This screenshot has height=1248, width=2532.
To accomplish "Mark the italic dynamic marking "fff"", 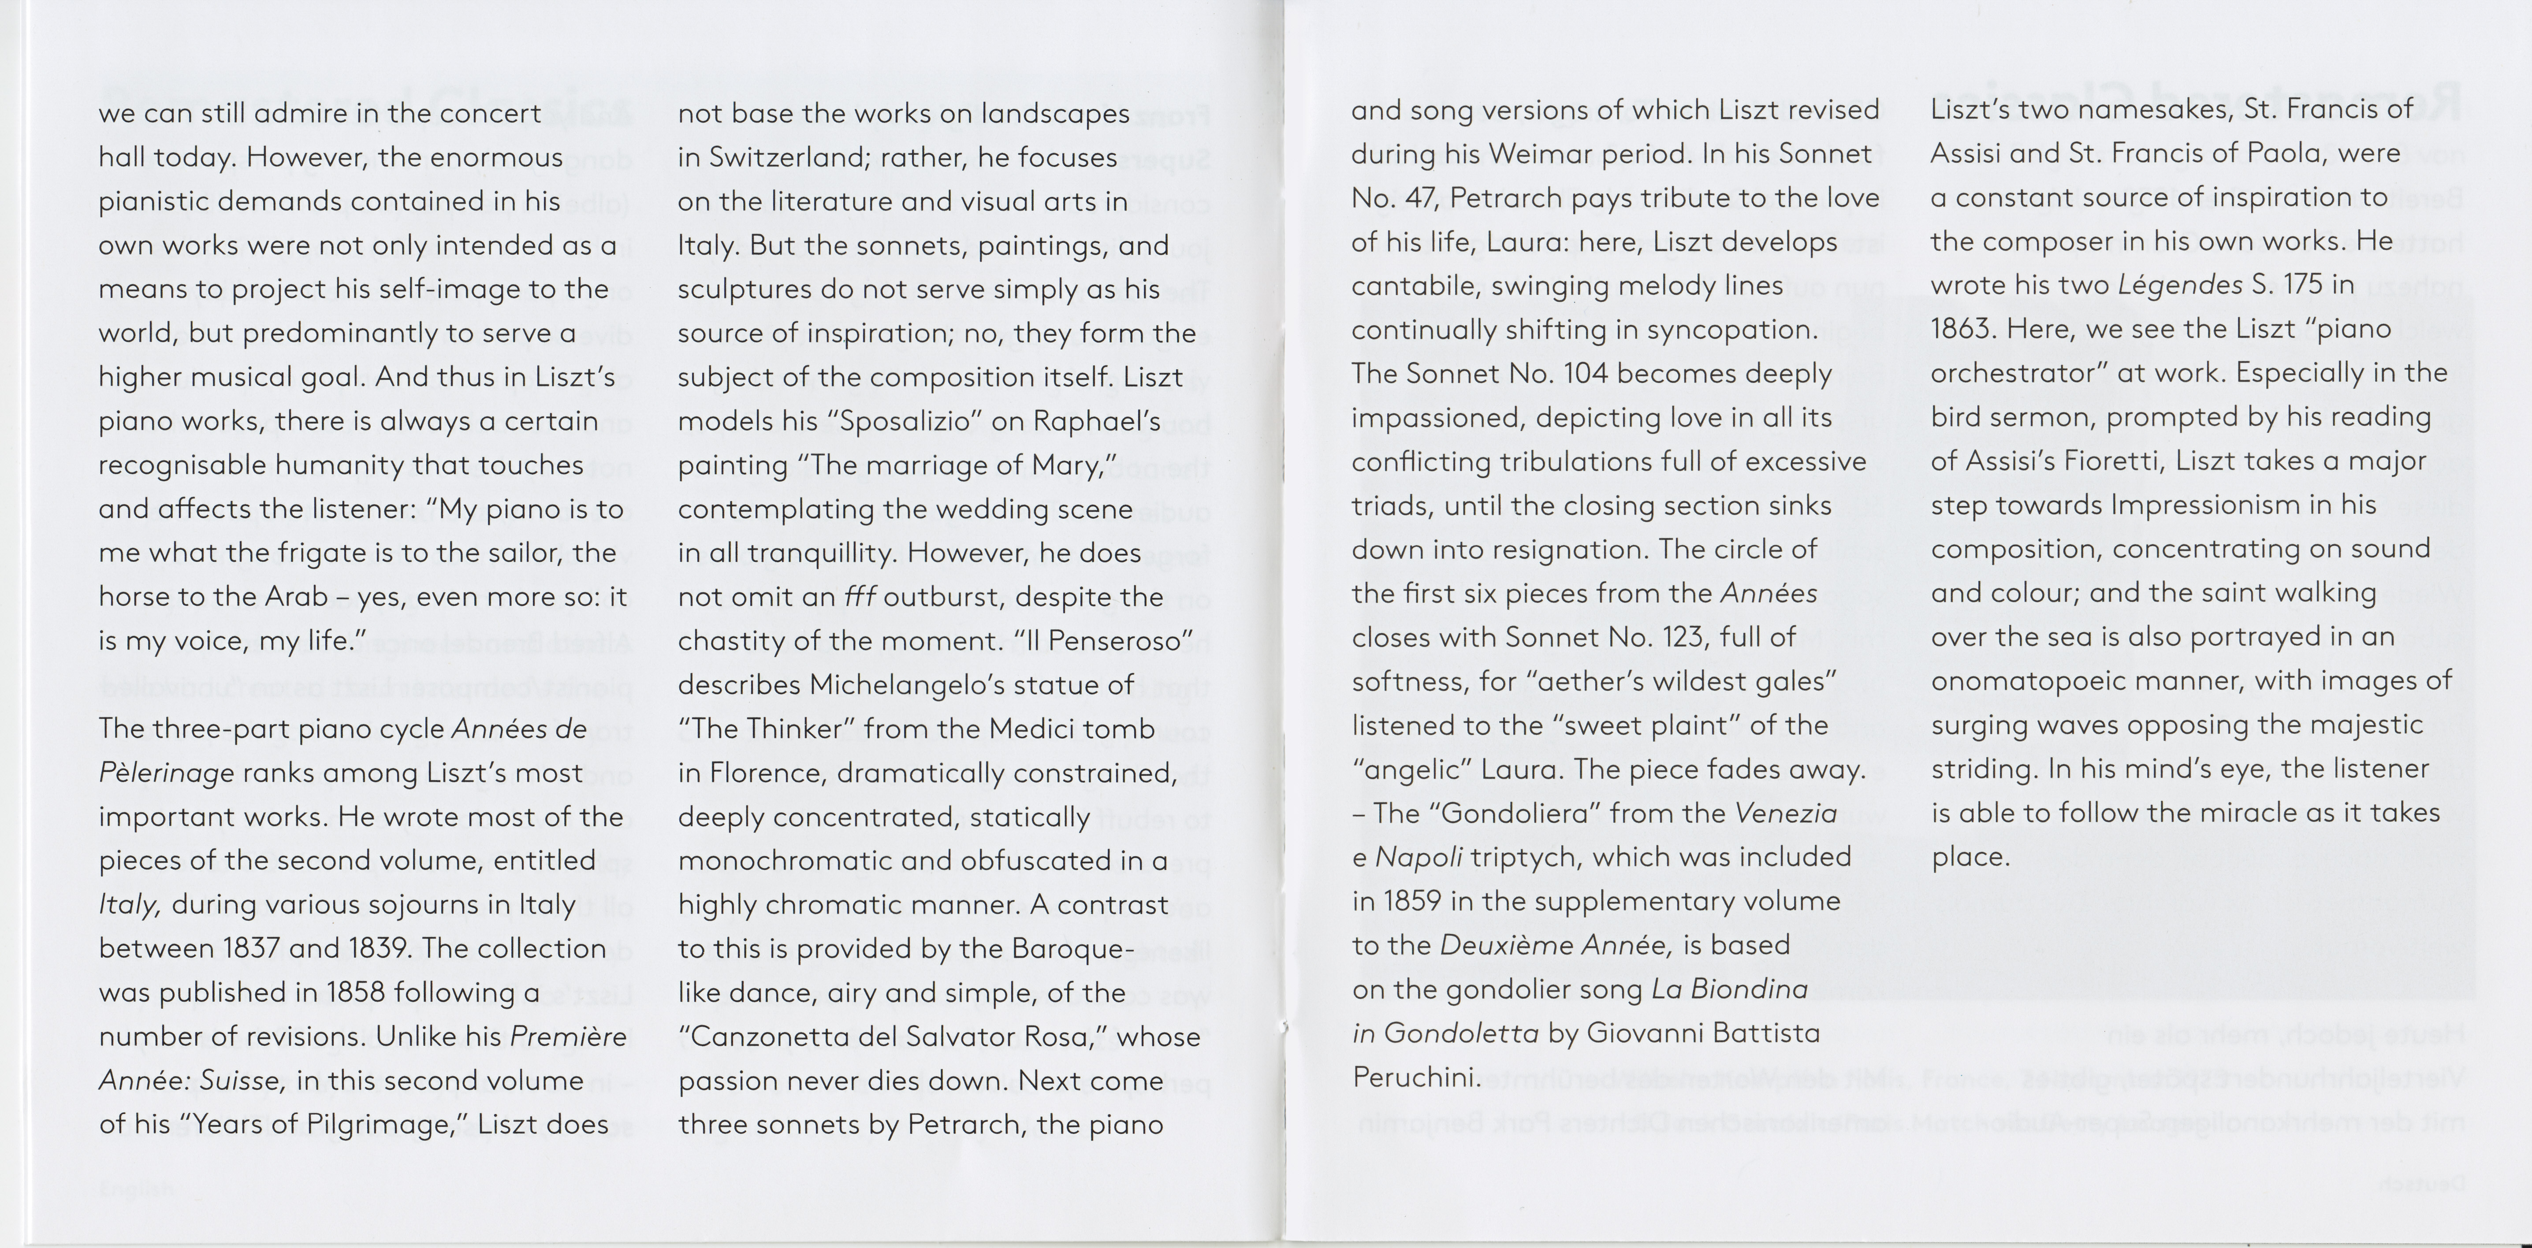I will (860, 597).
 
